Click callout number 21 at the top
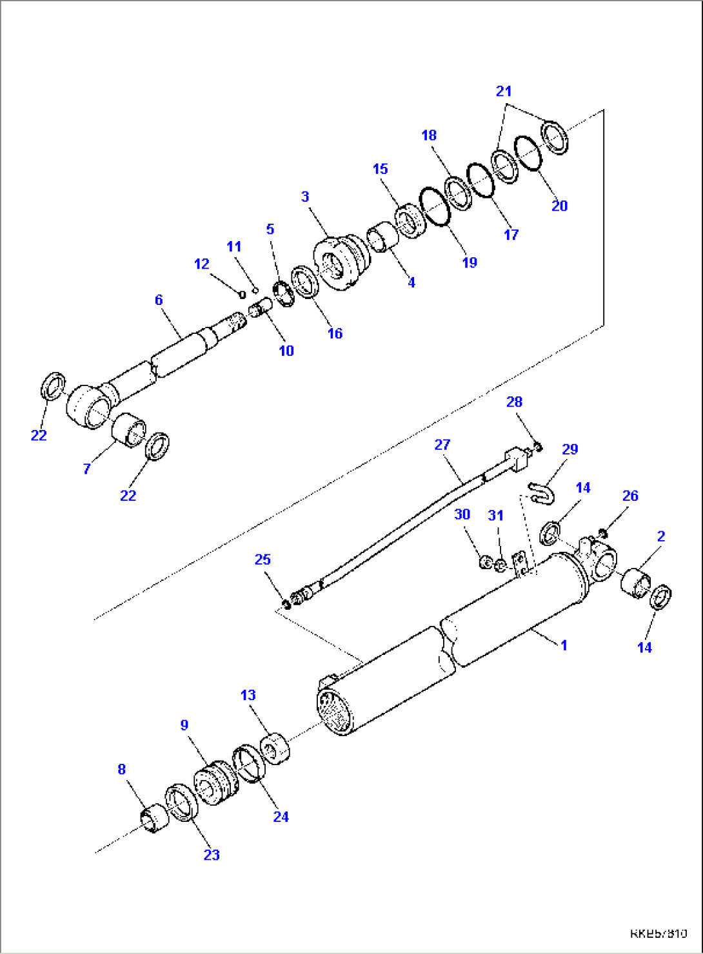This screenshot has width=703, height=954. click(x=504, y=92)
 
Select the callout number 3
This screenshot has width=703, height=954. click(x=305, y=197)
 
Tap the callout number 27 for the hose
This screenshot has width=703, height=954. click(x=442, y=445)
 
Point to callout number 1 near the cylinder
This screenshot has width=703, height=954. click(x=564, y=645)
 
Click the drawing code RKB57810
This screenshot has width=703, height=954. click(x=658, y=933)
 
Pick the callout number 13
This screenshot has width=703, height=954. click(x=248, y=696)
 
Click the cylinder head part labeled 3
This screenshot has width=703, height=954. click(x=341, y=263)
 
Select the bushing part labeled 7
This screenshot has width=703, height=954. click(x=129, y=429)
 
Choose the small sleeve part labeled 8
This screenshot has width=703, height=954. click(x=154, y=819)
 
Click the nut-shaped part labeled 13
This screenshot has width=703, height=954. click(x=275, y=748)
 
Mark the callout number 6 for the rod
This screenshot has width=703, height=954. click(x=159, y=300)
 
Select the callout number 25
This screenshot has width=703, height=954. click(x=262, y=560)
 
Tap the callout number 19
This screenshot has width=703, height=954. click(x=470, y=262)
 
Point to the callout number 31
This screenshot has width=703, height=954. click(x=495, y=516)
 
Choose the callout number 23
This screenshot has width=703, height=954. click(x=212, y=855)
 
